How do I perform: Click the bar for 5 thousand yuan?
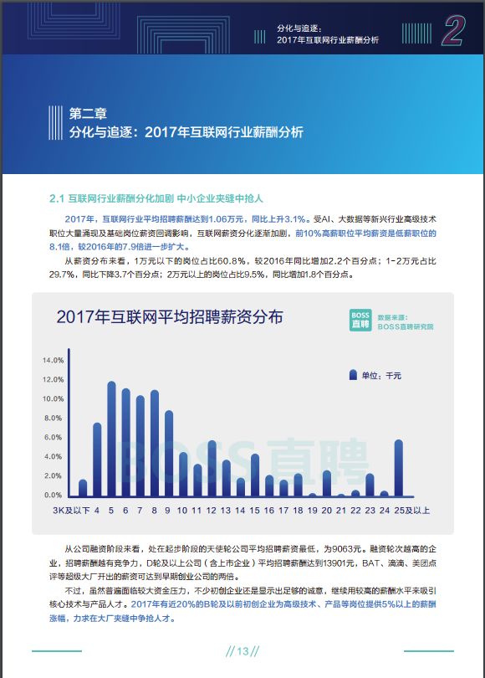[x=111, y=439]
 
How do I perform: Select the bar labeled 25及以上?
[x=399, y=468]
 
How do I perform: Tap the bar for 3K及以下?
[x=83, y=488]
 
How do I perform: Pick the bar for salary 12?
[x=212, y=468]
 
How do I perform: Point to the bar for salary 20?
[x=327, y=484]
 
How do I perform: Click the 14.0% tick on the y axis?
[x=54, y=360]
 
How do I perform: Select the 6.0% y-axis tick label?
[x=54, y=437]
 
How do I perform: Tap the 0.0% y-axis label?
[x=54, y=495]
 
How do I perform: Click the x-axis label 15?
[x=255, y=511]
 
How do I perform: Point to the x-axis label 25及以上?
[x=411, y=511]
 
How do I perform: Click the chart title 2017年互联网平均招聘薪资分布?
[x=169, y=317]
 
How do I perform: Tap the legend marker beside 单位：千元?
[x=353, y=375]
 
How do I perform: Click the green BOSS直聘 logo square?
[x=360, y=321]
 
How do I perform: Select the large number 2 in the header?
[x=452, y=30]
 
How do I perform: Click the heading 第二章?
[x=88, y=113]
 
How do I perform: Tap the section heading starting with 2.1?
[x=156, y=198]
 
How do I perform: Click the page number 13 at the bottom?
[x=242, y=651]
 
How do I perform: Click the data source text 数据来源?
[x=392, y=317]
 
